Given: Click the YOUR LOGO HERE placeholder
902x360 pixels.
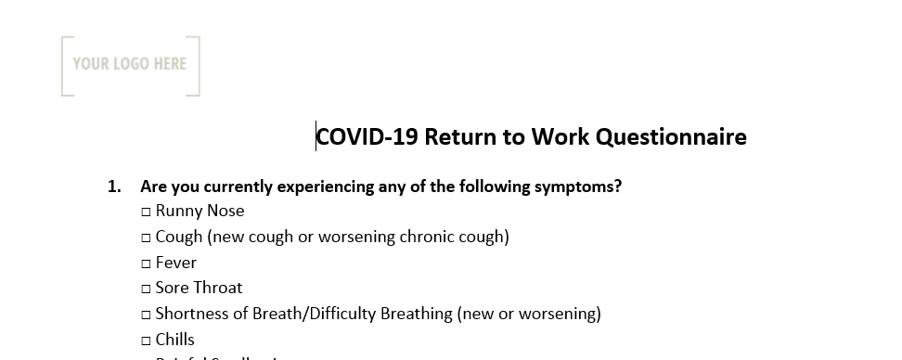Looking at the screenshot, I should [130, 64].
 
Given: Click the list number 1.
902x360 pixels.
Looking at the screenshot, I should [114, 186].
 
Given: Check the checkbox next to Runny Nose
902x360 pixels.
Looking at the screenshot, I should [147, 212].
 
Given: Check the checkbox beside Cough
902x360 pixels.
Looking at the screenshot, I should [147, 238].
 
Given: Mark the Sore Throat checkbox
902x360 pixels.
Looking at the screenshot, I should [147, 289].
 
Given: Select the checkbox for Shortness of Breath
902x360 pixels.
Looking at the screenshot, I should [147, 315].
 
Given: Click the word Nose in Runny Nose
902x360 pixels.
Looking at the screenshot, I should [225, 211].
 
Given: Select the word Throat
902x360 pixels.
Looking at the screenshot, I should [220, 288].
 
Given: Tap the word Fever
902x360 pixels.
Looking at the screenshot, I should [176, 263].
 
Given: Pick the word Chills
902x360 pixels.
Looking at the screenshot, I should [175, 340].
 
